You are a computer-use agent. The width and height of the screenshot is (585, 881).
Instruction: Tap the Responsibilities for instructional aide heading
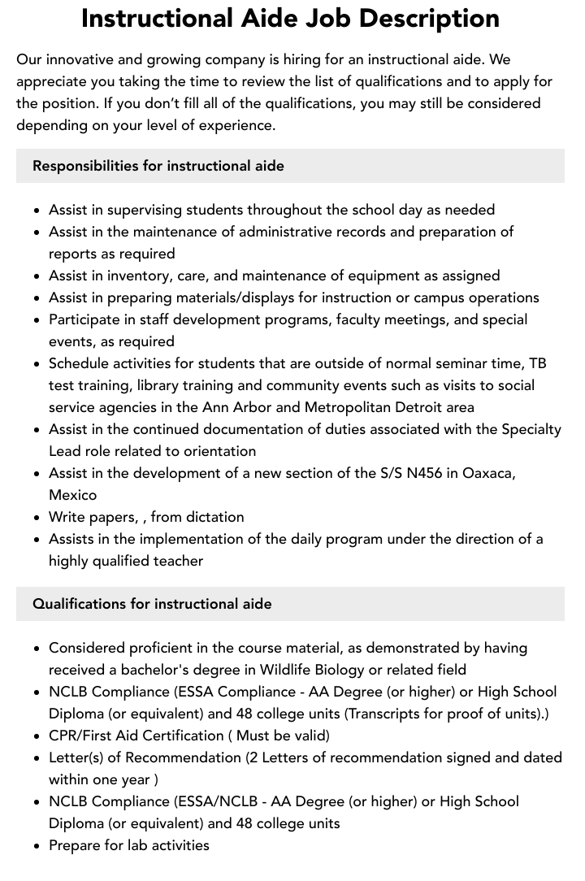pos(158,166)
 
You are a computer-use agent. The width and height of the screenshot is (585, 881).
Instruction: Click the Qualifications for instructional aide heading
pos(152,604)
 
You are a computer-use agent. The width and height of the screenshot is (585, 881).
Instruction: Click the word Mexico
pos(72,495)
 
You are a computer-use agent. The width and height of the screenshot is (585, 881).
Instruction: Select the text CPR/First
pos(82,736)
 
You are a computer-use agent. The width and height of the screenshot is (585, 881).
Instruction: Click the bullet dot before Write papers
pos(37,518)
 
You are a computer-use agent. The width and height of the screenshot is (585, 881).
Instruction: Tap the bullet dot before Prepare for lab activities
pos(37,846)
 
